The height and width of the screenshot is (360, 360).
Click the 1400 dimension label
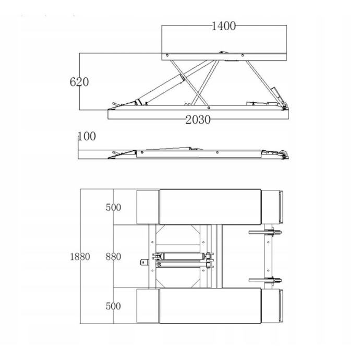224,26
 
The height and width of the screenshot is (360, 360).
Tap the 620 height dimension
79,82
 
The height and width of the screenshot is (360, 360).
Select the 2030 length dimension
198,120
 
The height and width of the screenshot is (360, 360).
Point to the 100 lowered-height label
87,136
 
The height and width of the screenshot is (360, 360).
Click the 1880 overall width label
80,257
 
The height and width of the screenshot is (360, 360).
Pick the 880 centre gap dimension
113,257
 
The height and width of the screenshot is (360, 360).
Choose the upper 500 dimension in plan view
113,208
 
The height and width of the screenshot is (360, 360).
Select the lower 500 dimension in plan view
113,306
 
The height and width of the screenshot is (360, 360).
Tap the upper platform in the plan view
210,207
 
